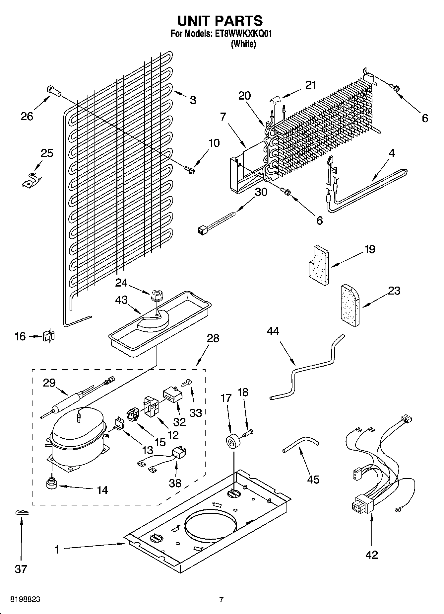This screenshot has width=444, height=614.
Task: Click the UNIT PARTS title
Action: click(x=220, y=21)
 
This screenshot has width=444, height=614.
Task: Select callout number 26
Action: click(x=27, y=116)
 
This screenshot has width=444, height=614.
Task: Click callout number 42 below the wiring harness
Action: click(x=371, y=555)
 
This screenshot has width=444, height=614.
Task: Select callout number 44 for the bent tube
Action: click(x=273, y=331)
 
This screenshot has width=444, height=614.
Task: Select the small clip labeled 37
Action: click(x=22, y=513)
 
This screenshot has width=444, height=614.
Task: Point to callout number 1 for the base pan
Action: click(x=57, y=550)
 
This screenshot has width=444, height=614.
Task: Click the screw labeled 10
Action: click(x=190, y=170)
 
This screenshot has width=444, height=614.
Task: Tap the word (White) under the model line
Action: click(x=243, y=44)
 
